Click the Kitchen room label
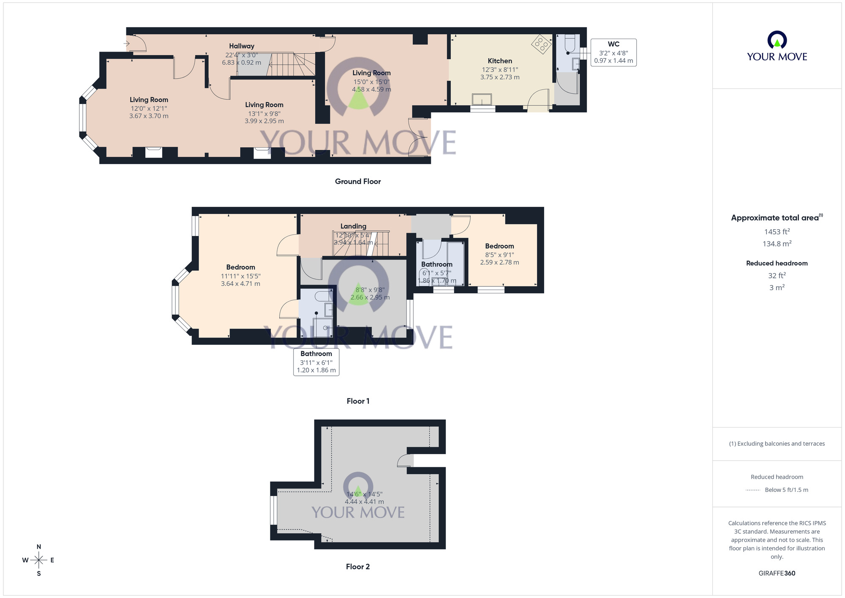coord(500,61)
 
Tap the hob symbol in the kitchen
coord(541,44)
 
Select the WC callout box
coord(613,52)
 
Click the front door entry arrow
coord(126,44)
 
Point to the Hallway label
coord(242,46)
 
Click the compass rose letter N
coord(39,547)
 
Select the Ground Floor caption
coord(358,181)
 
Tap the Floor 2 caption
coord(358,567)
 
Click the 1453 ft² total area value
coord(777,232)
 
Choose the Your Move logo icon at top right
coord(777,41)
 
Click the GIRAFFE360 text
coord(777,573)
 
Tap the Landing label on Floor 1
coord(353,226)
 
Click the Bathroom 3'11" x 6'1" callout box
coord(316,362)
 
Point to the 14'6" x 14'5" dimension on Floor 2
coord(364,494)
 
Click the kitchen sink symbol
coord(482,99)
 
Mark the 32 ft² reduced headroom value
coord(777,276)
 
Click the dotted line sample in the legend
coord(753,490)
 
